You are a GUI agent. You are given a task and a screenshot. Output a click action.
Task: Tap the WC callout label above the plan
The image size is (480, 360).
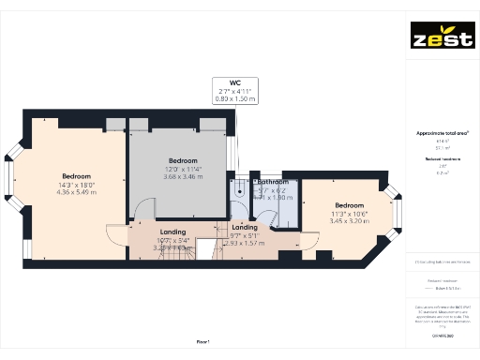point(234,82)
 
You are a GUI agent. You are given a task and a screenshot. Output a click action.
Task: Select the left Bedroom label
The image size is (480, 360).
point(76,177)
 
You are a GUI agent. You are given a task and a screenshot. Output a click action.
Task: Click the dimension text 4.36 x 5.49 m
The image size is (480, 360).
point(76,192)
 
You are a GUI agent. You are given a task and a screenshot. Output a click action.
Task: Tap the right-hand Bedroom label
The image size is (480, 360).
point(349,205)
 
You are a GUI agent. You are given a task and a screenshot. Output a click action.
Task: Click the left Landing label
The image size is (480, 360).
point(172,232)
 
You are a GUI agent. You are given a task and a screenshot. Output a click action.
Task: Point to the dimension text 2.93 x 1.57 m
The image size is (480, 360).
point(244,243)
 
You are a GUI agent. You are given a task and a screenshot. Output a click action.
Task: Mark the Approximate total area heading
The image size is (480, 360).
point(442,133)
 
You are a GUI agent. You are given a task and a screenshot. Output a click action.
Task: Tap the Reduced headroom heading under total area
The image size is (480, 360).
point(442,159)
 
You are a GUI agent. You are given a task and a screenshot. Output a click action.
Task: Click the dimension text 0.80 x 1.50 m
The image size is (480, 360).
point(234,97)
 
